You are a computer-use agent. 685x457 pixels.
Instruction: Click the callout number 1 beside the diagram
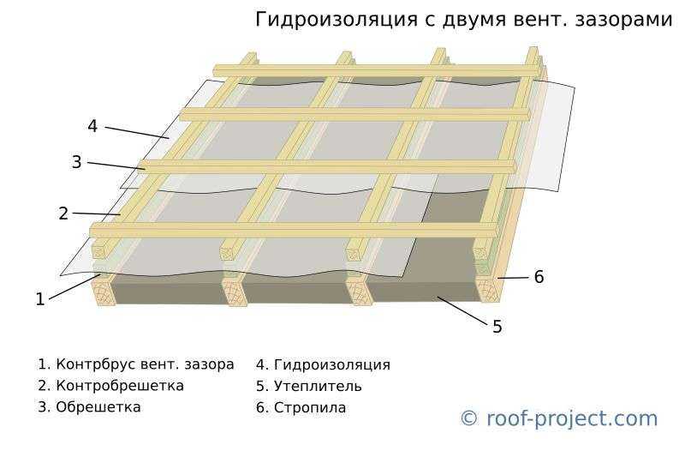(40, 299)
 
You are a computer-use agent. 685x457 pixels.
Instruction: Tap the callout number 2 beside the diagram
(63, 213)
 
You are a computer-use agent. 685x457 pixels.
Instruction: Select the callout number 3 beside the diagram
(76, 162)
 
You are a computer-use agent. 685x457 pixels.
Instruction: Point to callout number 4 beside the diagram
(92, 126)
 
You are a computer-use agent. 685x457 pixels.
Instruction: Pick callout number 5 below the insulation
(497, 327)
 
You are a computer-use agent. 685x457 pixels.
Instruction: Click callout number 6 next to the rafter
(539, 277)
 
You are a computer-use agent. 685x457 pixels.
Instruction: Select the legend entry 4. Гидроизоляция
(323, 364)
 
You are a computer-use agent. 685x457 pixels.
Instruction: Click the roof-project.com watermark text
(572, 419)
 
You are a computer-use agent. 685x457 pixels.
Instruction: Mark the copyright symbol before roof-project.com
(469, 418)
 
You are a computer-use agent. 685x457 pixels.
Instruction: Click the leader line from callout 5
(462, 310)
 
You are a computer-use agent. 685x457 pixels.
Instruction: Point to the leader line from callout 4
(137, 133)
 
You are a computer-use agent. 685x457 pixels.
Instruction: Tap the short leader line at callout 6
(512, 278)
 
